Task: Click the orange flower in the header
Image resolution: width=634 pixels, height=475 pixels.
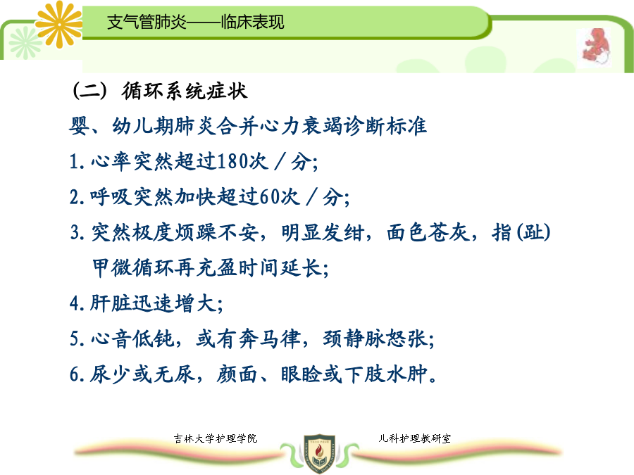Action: [59, 24]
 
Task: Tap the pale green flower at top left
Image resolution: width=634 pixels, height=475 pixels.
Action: [25, 43]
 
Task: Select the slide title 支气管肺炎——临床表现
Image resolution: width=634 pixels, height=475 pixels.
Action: [196, 22]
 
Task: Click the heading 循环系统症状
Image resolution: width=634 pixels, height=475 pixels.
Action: [185, 91]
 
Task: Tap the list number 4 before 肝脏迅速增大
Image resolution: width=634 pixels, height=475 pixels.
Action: [75, 303]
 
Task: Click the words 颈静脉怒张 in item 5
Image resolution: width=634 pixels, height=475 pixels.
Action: [375, 338]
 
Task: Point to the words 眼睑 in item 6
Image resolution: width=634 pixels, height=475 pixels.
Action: [301, 374]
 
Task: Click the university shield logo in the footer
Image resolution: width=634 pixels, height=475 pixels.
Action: [319, 453]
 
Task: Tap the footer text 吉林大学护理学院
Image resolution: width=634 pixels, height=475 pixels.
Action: [216, 438]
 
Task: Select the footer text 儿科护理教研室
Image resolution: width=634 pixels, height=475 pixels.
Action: [414, 438]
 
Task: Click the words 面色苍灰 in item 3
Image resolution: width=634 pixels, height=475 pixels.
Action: [428, 232]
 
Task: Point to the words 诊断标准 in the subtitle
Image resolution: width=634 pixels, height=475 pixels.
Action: [385, 126]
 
